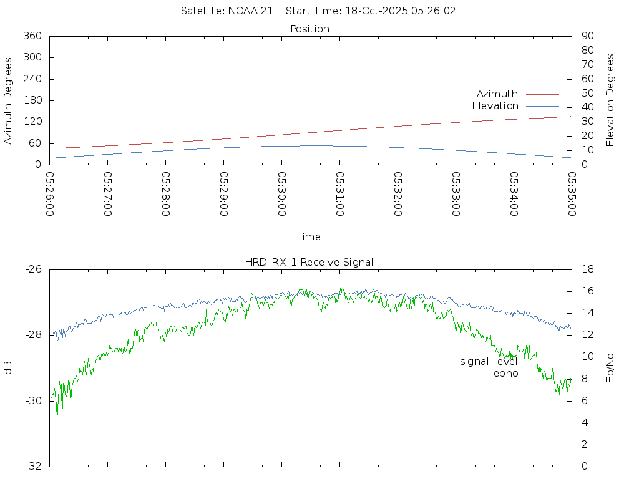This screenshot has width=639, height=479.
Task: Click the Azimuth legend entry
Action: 497,94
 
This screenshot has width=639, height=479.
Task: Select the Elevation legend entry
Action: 495,106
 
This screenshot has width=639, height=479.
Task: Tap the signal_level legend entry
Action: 489,362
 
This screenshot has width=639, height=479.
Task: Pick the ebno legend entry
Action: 505,374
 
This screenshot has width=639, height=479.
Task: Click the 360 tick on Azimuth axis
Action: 32,36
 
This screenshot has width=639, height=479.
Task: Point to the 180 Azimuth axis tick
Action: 32,100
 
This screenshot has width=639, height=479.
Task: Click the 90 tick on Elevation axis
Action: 587,36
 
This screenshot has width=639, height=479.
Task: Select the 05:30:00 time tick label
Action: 282,194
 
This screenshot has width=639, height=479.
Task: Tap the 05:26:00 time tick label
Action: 50,194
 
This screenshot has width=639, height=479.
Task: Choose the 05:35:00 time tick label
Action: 572,194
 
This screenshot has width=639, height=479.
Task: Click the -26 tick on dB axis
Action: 34,269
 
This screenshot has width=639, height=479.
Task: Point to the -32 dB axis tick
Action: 34,466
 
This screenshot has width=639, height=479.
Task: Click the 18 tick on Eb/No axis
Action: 587,269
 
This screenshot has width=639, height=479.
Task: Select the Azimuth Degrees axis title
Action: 9,101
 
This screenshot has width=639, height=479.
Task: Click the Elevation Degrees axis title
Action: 610,100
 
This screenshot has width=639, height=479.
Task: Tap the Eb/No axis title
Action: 610,368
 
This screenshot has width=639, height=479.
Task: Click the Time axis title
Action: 309,237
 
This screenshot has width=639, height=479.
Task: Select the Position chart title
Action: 310,29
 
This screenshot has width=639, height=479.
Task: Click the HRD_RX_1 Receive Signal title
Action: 309,263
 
